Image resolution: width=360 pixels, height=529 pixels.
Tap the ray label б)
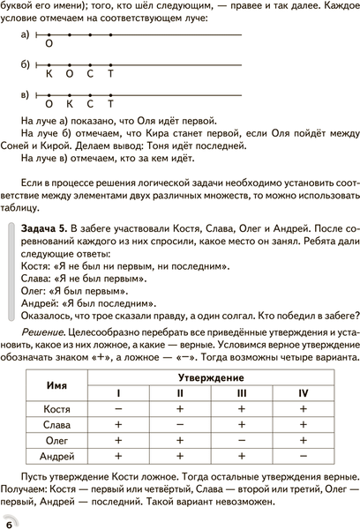click(x=23, y=65)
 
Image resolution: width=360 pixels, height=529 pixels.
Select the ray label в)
click(x=23, y=94)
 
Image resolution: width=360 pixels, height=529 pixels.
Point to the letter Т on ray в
click(x=110, y=103)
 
